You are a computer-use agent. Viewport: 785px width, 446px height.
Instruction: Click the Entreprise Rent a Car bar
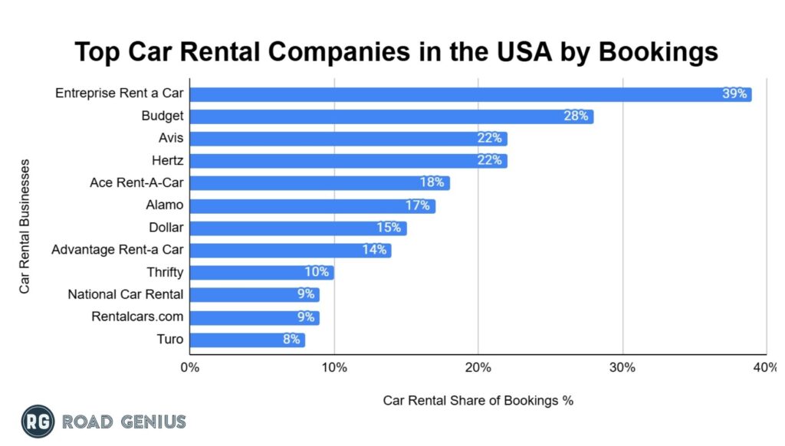coord(470,94)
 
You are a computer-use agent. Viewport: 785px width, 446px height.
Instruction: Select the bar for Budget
coord(391,116)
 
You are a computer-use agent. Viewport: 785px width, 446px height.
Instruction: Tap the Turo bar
coord(247,339)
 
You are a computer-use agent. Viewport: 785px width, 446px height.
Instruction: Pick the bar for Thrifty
coord(261,272)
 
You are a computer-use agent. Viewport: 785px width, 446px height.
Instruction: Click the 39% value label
coord(734,94)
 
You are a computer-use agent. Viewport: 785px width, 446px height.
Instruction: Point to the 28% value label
coord(575,116)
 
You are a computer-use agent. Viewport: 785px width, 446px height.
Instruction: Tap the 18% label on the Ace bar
coord(431,183)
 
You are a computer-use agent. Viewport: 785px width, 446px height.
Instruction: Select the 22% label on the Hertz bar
coord(488,161)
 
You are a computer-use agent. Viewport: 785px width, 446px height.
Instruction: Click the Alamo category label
coord(164,205)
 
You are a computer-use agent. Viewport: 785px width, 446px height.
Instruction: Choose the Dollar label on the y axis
coord(166,228)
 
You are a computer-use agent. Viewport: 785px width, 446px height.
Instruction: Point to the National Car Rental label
coord(126,294)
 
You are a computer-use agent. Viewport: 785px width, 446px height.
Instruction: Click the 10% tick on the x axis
coord(333,368)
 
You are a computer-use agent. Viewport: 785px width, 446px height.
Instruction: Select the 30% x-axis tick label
coord(622,368)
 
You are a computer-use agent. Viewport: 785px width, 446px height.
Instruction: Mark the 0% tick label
coord(189,368)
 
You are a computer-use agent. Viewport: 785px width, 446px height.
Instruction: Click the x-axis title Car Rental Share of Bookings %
coord(478,400)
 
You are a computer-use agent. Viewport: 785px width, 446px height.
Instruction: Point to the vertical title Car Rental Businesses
coord(25,226)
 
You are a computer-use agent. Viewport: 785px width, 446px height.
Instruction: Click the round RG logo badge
coord(38,421)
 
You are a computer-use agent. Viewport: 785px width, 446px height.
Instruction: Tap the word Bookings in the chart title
coord(658,52)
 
